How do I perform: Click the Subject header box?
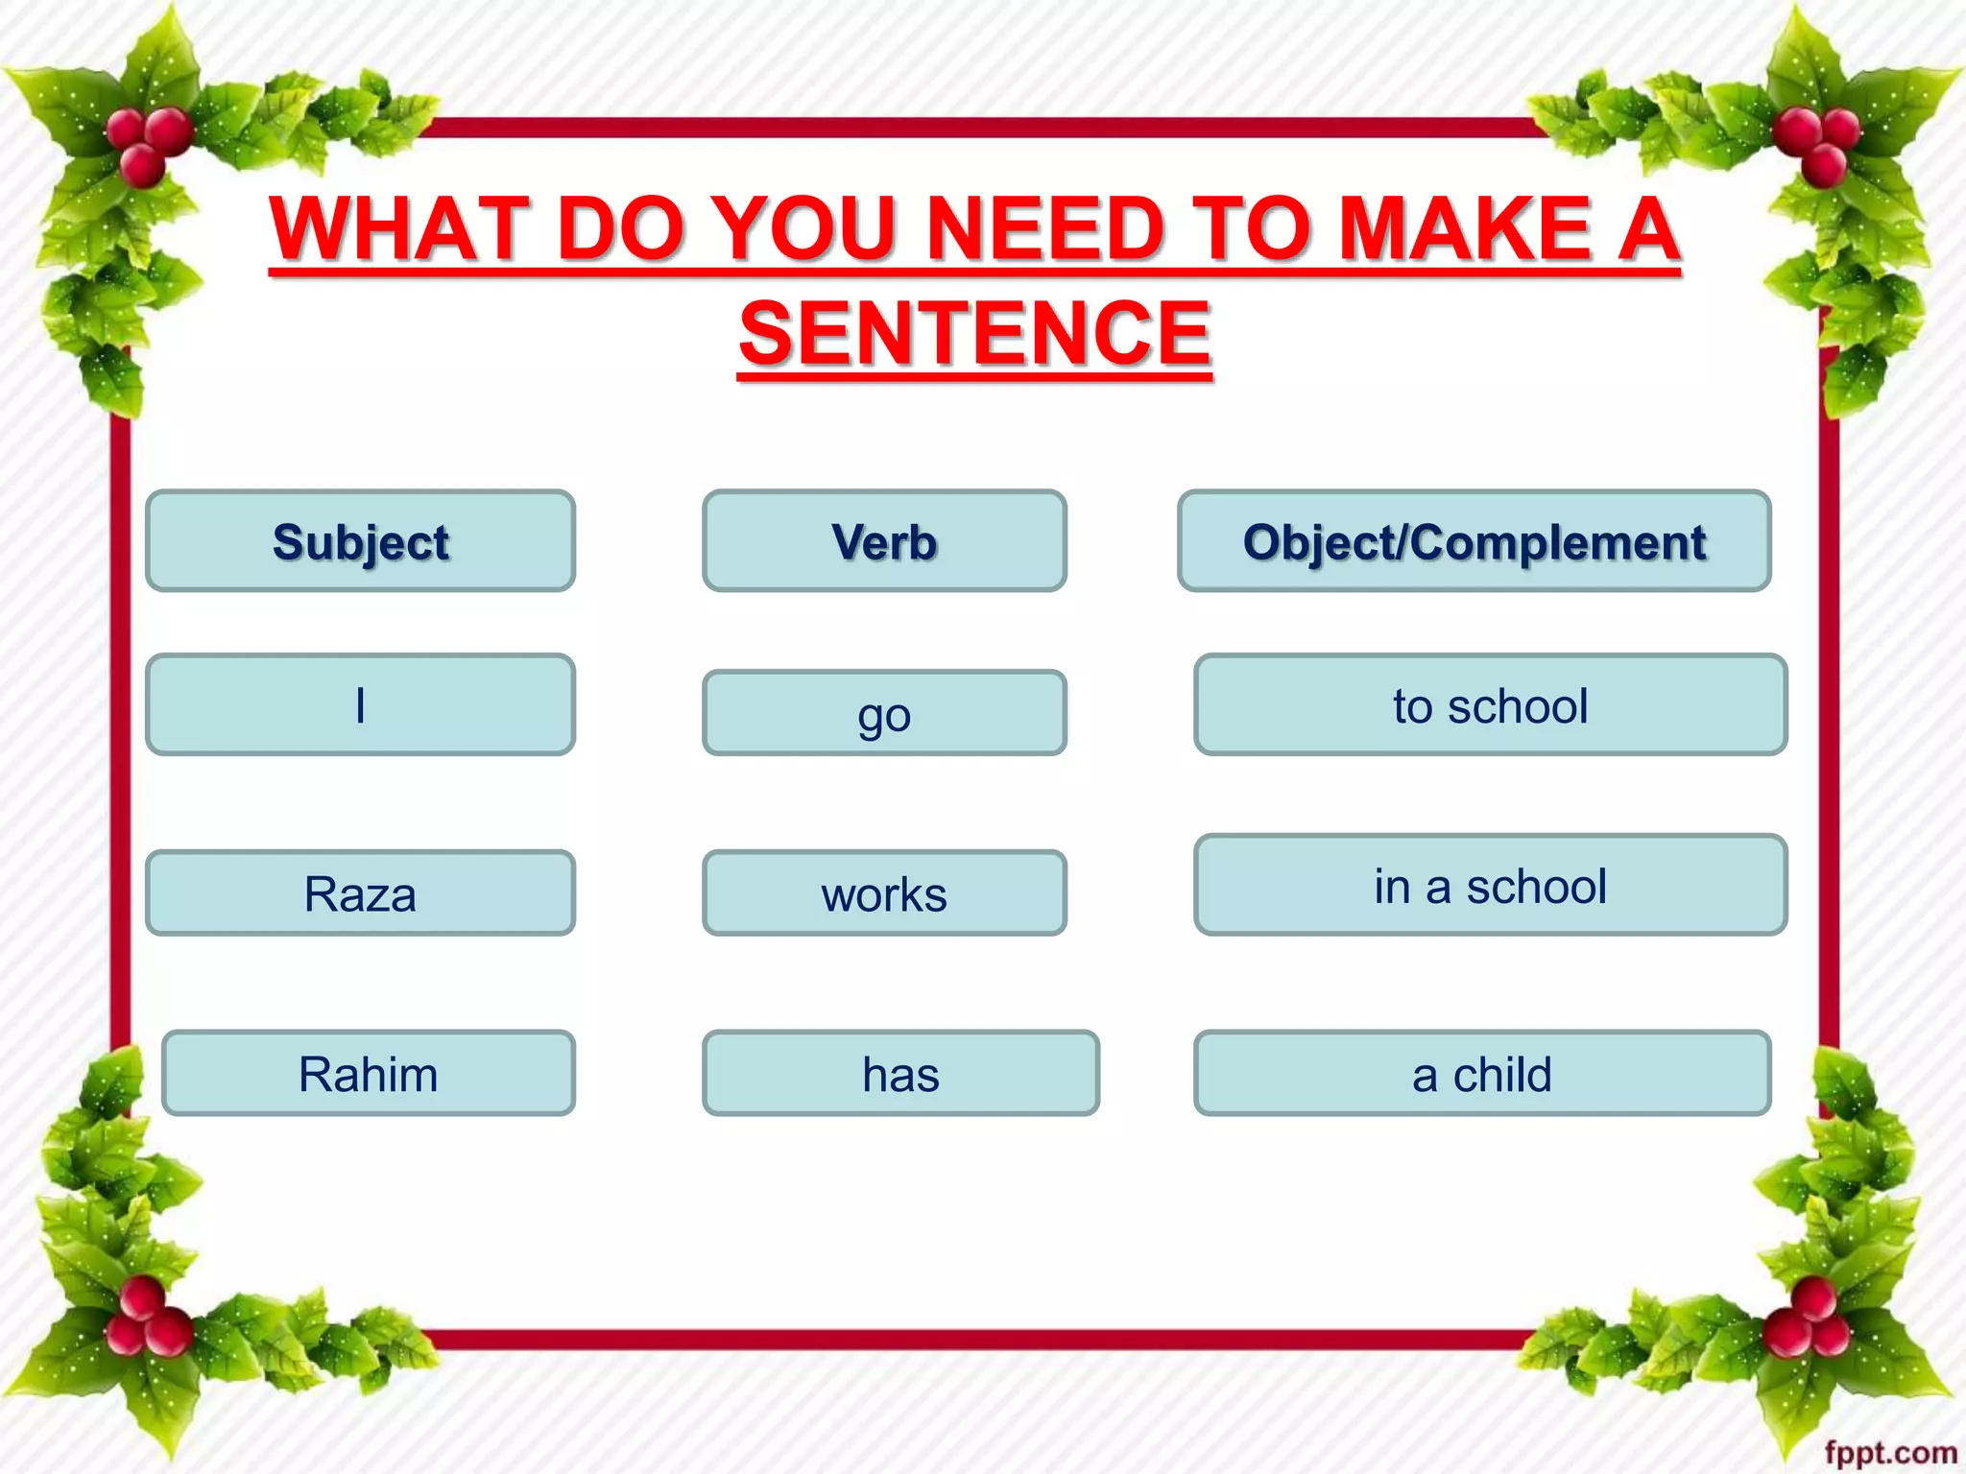click(x=360, y=541)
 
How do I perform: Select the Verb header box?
click(x=884, y=541)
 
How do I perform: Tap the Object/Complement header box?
click(x=1474, y=541)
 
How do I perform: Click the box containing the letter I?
click(x=360, y=705)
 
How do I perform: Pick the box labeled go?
click(x=884, y=713)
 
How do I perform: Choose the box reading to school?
click(x=1490, y=705)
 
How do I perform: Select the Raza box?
click(x=360, y=893)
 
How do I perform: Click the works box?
click(x=884, y=893)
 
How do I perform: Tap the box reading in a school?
click(x=1490, y=885)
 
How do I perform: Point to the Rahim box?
click(x=369, y=1073)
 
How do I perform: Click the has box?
click(x=900, y=1073)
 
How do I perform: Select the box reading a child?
click(x=1482, y=1073)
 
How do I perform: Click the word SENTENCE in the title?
click(x=975, y=333)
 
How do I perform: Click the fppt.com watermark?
click(x=1890, y=1453)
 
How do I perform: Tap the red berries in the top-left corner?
click(x=149, y=144)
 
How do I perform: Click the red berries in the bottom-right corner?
click(x=1810, y=1319)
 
